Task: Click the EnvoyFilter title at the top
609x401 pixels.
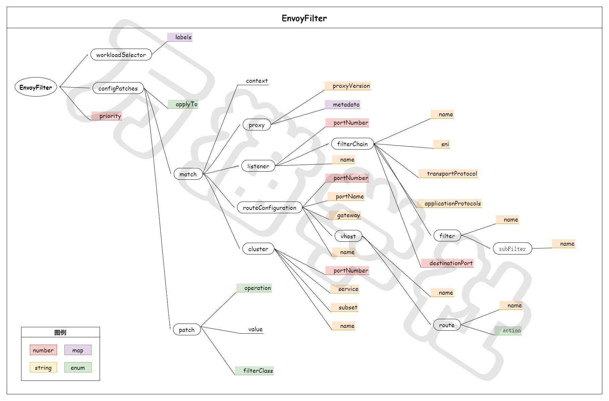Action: coord(304,18)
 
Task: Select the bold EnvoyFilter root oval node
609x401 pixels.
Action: coord(36,88)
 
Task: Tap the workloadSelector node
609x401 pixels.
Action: coord(121,55)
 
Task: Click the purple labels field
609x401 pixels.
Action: coord(180,37)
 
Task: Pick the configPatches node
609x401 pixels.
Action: coord(118,88)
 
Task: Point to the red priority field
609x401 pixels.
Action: coord(107,116)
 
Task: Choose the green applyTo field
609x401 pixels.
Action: coord(183,104)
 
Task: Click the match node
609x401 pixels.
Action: coord(188,174)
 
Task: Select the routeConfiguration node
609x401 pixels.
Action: coord(270,208)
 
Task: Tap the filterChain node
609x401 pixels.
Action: coord(352,144)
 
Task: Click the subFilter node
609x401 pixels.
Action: coord(512,249)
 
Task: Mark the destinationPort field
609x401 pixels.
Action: coord(447,263)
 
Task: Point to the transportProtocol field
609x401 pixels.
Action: coord(448,174)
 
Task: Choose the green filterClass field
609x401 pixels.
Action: coord(255,371)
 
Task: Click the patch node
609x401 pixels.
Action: coord(187,330)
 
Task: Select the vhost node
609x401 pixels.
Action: coord(348,236)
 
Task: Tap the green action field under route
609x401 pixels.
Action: coord(508,331)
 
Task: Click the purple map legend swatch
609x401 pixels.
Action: coord(78,350)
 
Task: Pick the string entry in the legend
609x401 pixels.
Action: coord(43,367)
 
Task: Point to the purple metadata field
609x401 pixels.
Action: coord(343,105)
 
